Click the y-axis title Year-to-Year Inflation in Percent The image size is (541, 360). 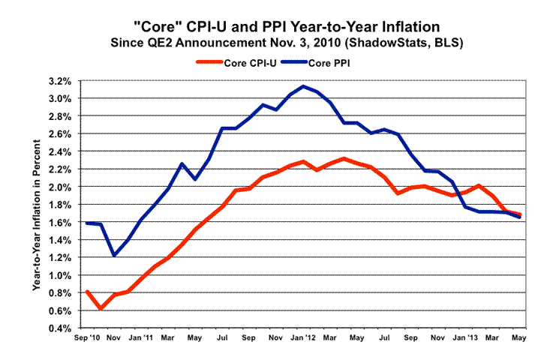37,204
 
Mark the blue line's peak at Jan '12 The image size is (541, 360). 302,86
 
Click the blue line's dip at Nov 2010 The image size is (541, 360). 114,256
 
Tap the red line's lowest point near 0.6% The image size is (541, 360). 101,308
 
